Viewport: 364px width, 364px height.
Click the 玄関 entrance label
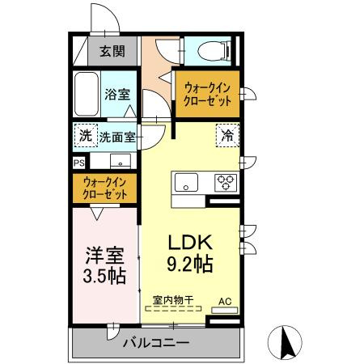[112, 53]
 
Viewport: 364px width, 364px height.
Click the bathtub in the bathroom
[86, 95]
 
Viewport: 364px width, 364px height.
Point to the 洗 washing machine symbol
[84, 135]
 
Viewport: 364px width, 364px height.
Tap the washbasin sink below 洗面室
[121, 160]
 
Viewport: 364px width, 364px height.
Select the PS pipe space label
[78, 162]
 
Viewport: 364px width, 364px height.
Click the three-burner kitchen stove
[224, 182]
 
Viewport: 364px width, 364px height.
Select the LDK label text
[189, 242]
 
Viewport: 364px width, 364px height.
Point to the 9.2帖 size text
[189, 263]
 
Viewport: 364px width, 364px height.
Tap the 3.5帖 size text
[105, 276]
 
